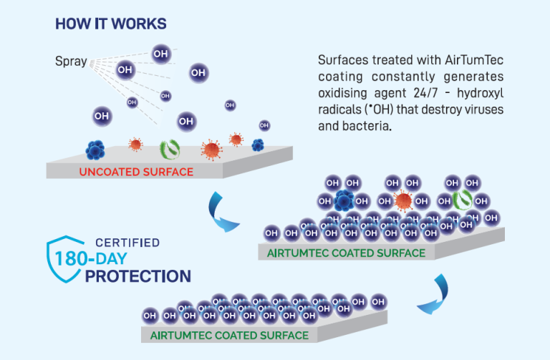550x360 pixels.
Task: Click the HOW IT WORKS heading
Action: click(x=111, y=24)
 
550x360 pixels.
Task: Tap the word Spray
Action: click(x=71, y=62)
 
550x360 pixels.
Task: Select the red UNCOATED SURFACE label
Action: click(x=136, y=172)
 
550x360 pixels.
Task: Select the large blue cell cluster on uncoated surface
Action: click(x=96, y=149)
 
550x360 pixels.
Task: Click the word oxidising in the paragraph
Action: click(x=342, y=94)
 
